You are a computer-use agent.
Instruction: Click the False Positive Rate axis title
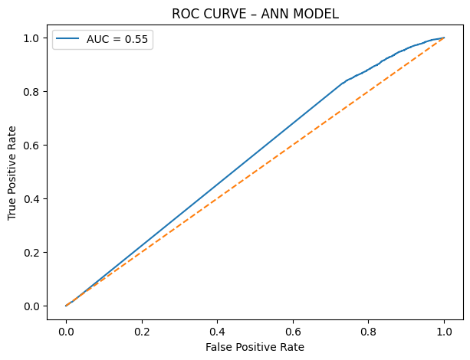[255, 347]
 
